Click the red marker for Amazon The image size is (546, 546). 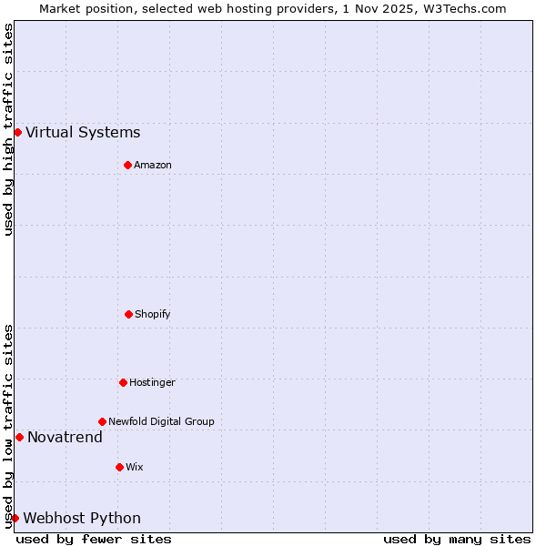[127, 165]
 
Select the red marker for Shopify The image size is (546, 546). [128, 314]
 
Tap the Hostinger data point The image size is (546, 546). [123, 382]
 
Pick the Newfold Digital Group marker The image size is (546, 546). [102, 421]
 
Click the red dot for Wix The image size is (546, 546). [119, 467]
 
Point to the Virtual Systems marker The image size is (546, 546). [17, 132]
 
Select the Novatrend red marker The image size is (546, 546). [19, 437]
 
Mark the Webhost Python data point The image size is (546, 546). [15, 518]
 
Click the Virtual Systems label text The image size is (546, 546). [83, 133]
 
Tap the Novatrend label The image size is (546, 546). [65, 438]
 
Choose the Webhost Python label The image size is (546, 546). [82, 519]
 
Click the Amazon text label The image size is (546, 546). [153, 166]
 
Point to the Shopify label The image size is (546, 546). [153, 315]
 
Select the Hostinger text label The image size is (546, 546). [152, 383]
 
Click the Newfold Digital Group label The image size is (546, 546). [161, 422]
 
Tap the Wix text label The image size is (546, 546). [135, 468]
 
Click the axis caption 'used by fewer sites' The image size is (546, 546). [94, 539]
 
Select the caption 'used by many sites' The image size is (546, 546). [457, 539]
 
